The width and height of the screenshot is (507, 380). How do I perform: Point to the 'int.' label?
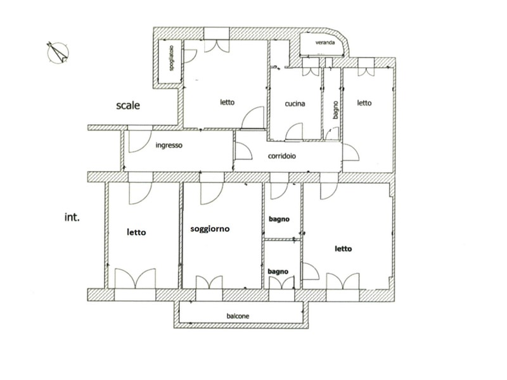(71, 217)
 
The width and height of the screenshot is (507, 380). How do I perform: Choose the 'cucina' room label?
(295, 103)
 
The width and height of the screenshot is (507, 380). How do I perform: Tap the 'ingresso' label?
(169, 145)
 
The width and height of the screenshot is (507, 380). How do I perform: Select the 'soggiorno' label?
(210, 229)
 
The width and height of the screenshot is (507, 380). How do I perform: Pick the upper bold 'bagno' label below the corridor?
(278, 219)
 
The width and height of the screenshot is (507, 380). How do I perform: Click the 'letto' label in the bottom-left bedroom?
(136, 232)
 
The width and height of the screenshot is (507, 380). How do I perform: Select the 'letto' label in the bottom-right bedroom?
(343, 249)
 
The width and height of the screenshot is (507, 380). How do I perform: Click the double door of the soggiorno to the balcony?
(209, 282)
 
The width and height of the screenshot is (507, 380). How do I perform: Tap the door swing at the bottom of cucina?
(295, 132)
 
